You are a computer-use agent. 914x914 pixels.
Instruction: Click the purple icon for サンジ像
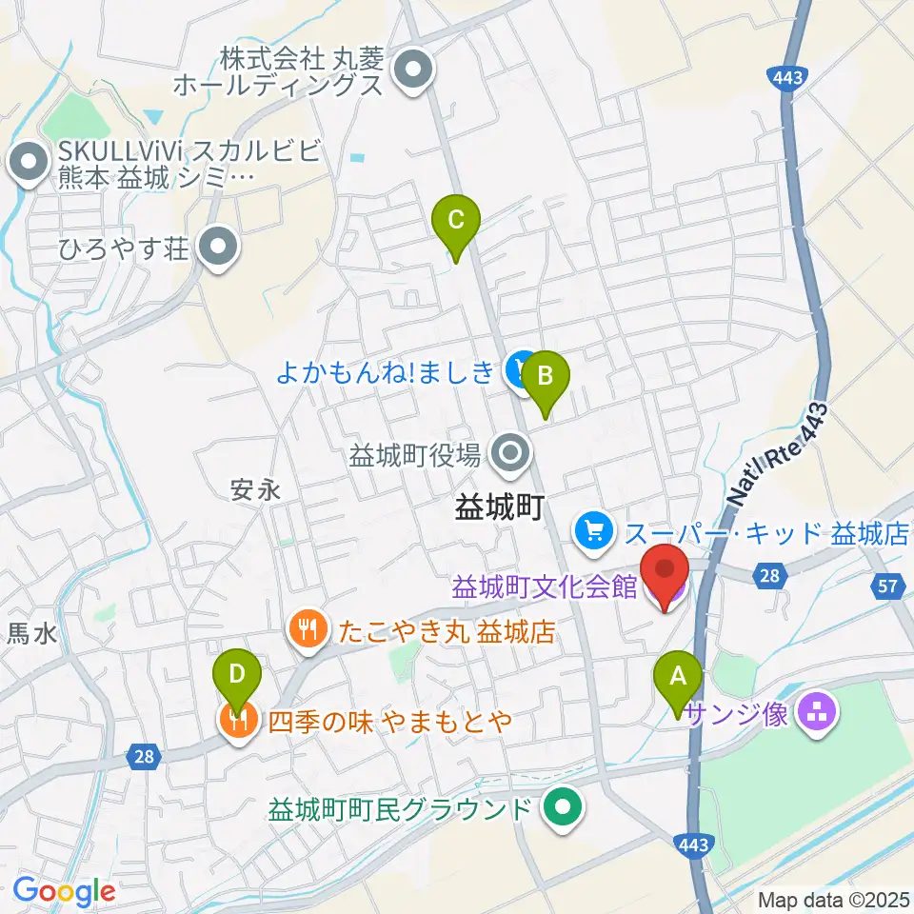pyautogui.click(x=814, y=709)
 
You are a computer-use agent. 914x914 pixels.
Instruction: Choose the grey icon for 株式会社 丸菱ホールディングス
pyautogui.click(x=414, y=71)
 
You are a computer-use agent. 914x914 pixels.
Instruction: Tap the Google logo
pyautogui.click(x=64, y=891)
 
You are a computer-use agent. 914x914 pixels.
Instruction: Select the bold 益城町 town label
pyautogui.click(x=498, y=507)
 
